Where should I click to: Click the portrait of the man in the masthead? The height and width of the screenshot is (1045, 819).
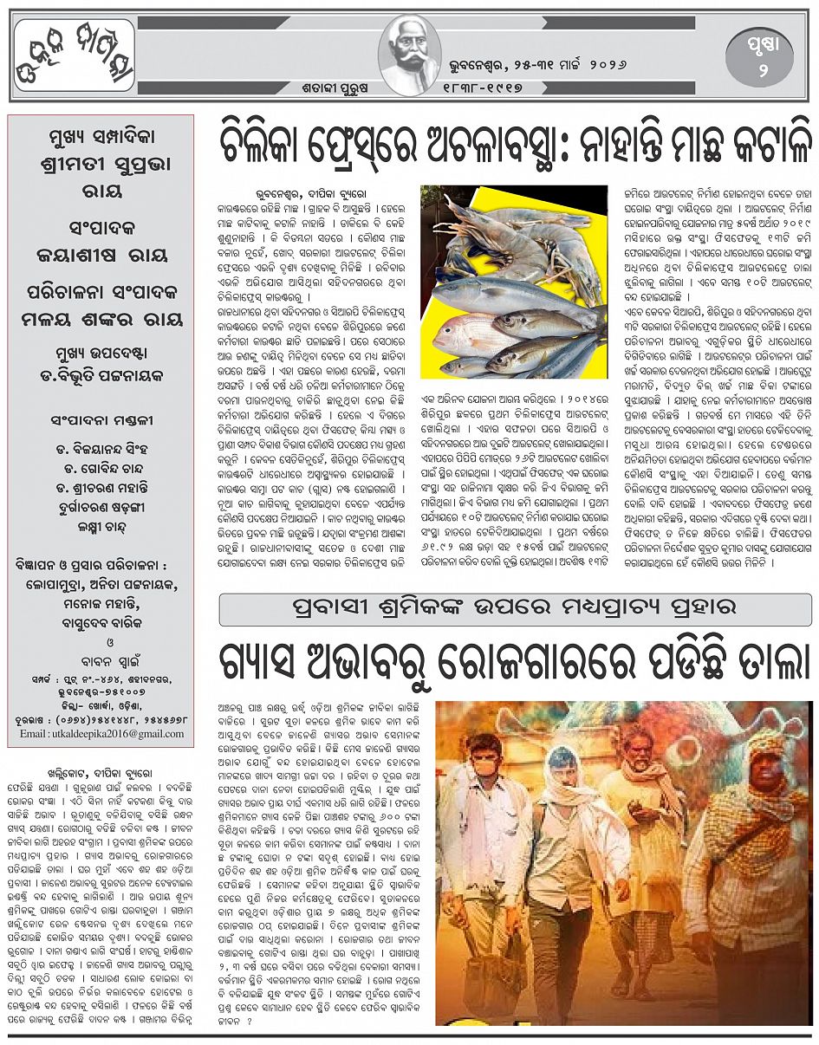pos(410,55)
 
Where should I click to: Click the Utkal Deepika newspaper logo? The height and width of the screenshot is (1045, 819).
pos(75,55)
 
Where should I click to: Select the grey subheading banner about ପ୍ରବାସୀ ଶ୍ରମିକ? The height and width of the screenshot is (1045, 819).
pos(515,610)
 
